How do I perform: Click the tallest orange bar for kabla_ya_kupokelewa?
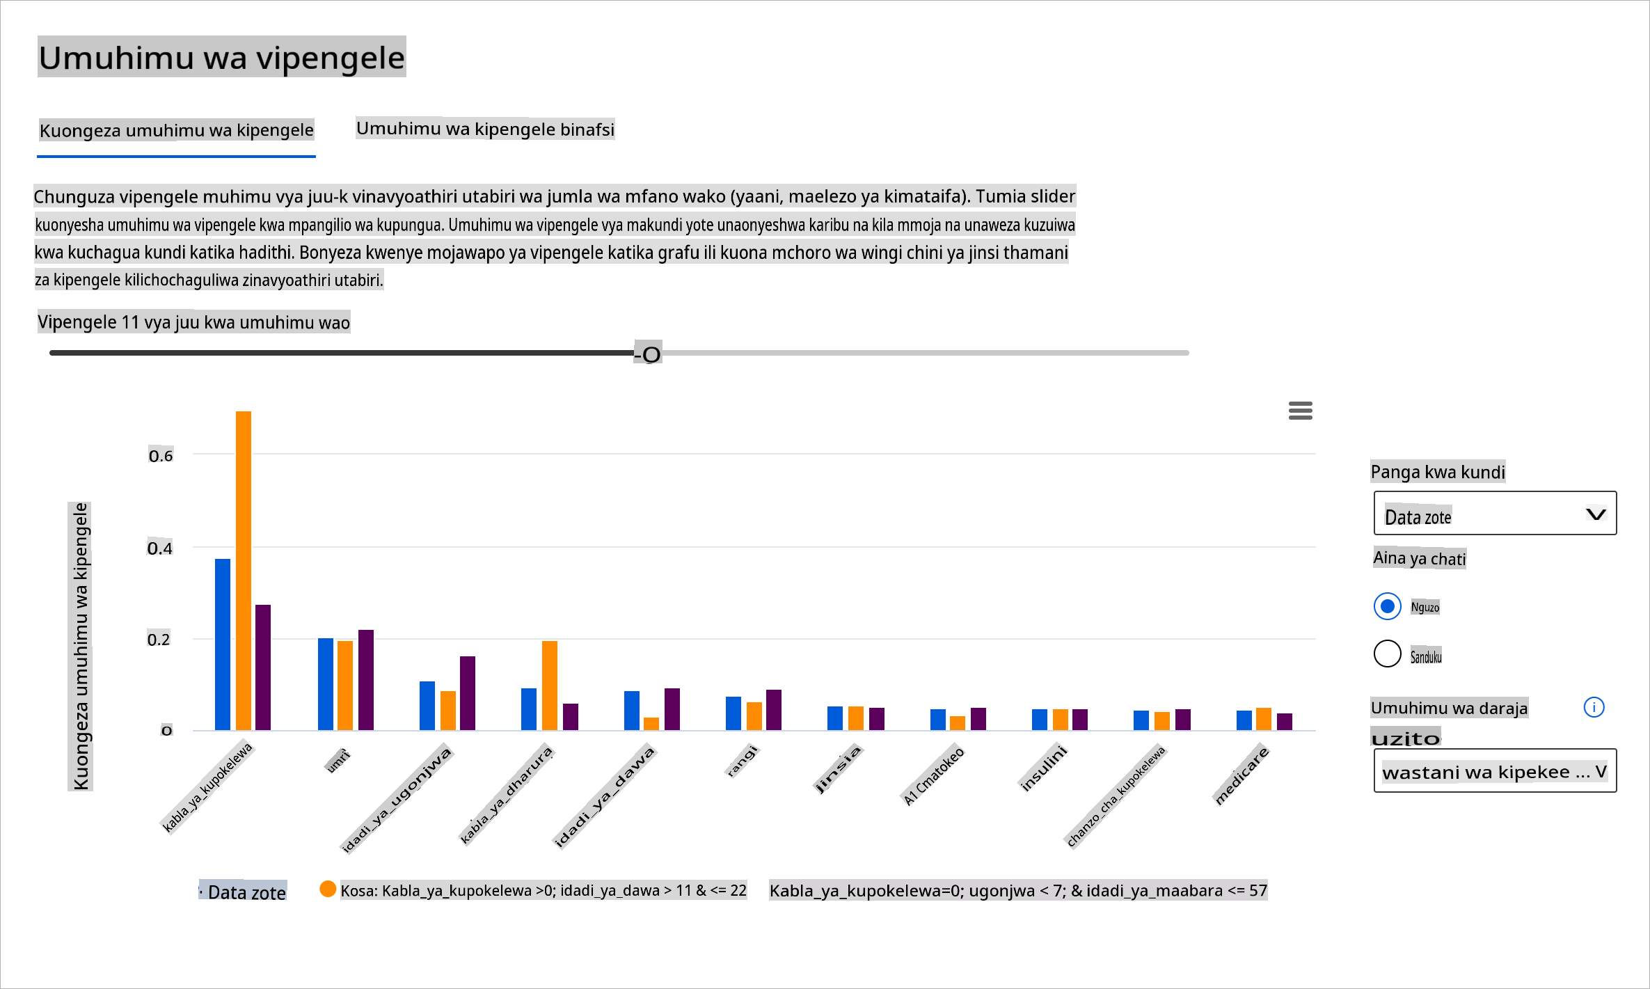(244, 571)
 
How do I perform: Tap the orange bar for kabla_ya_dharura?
(550, 686)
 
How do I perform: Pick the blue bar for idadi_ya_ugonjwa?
(427, 706)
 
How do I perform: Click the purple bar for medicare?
(1285, 722)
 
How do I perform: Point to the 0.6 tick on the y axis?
(161, 456)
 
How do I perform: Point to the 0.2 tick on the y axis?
(159, 640)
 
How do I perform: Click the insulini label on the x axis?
(1043, 768)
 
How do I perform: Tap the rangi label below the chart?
(742, 760)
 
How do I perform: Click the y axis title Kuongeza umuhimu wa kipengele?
(81, 647)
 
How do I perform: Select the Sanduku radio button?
(1388, 654)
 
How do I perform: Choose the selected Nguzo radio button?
(1388, 606)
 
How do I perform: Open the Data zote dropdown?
(1495, 514)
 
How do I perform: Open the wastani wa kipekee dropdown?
(1495, 771)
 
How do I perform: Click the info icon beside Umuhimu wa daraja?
(1594, 707)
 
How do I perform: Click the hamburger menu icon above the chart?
(1301, 411)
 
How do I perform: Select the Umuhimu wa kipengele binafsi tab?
(485, 129)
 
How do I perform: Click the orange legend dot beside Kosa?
(328, 889)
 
